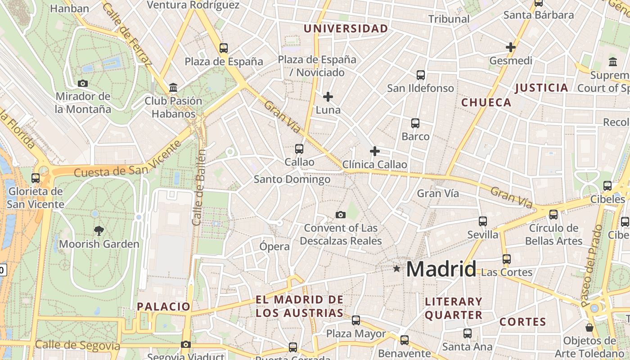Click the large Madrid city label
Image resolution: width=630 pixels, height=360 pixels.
pos(441,269)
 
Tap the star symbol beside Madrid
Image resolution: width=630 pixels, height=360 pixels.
pos(396,269)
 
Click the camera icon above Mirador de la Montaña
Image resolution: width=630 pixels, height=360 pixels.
pos(83,83)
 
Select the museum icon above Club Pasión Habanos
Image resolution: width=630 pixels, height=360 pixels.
pos(173,87)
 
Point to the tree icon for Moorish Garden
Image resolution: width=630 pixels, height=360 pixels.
pos(99,231)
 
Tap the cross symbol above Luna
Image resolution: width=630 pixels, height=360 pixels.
pos(328,96)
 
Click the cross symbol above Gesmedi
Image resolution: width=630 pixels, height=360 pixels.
pos(511,47)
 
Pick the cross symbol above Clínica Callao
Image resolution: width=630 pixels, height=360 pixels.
pos(374,151)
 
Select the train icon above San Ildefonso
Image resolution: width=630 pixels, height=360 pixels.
pos(421,75)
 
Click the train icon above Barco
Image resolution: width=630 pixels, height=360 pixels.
pos(415,123)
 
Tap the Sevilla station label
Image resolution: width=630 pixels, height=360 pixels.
pos(483,234)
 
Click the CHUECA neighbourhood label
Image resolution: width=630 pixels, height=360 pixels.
pos(486,103)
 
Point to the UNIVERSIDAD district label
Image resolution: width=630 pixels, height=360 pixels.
pos(346,29)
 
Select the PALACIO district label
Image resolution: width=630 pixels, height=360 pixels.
pos(164,307)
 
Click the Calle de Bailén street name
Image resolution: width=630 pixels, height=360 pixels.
pos(199,187)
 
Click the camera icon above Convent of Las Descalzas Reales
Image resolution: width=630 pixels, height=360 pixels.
pos(341,215)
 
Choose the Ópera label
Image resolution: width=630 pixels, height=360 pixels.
pos(274,246)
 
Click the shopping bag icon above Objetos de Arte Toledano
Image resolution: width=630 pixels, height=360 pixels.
pos(589,327)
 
